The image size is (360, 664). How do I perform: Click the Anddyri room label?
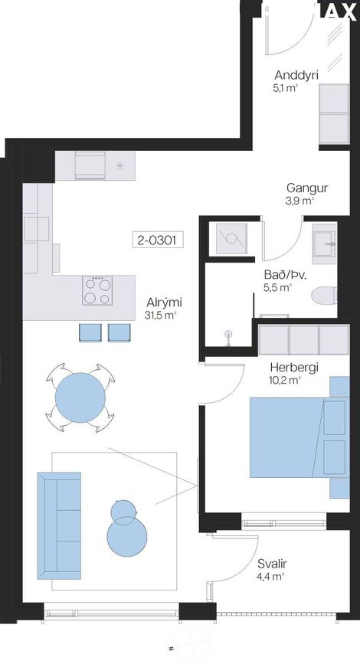pyautogui.click(x=296, y=75)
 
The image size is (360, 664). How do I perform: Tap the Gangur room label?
pyautogui.click(x=307, y=188)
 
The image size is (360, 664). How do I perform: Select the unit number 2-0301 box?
pyautogui.click(x=158, y=240)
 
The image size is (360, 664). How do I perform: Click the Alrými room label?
pyautogui.click(x=165, y=303)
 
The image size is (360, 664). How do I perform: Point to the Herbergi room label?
pyautogui.click(x=294, y=368)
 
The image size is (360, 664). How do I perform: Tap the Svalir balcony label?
pyautogui.click(x=273, y=564)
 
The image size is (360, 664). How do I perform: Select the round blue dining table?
pyautogui.click(x=80, y=397)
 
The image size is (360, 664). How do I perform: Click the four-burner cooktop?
pyautogui.click(x=97, y=290)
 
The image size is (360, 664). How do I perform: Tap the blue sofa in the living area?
pyautogui.click(x=59, y=525)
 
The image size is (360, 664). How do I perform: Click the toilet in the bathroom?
pyautogui.click(x=325, y=295)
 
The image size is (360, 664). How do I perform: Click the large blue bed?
pyautogui.click(x=299, y=437)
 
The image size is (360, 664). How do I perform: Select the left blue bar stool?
pyautogui.click(x=90, y=332)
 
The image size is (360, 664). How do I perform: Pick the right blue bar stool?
pyautogui.click(x=119, y=332)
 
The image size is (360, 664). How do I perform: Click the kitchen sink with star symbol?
pyautogui.click(x=120, y=165)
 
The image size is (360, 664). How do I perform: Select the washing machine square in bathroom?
pyautogui.click(x=231, y=239)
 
